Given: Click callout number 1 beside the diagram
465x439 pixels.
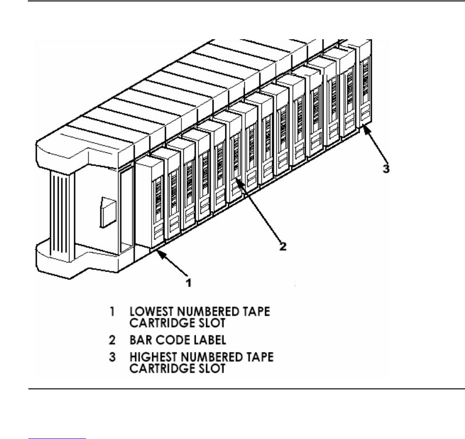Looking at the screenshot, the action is click(188, 283).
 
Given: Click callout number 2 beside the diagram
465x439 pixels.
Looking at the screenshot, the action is click(282, 246).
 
